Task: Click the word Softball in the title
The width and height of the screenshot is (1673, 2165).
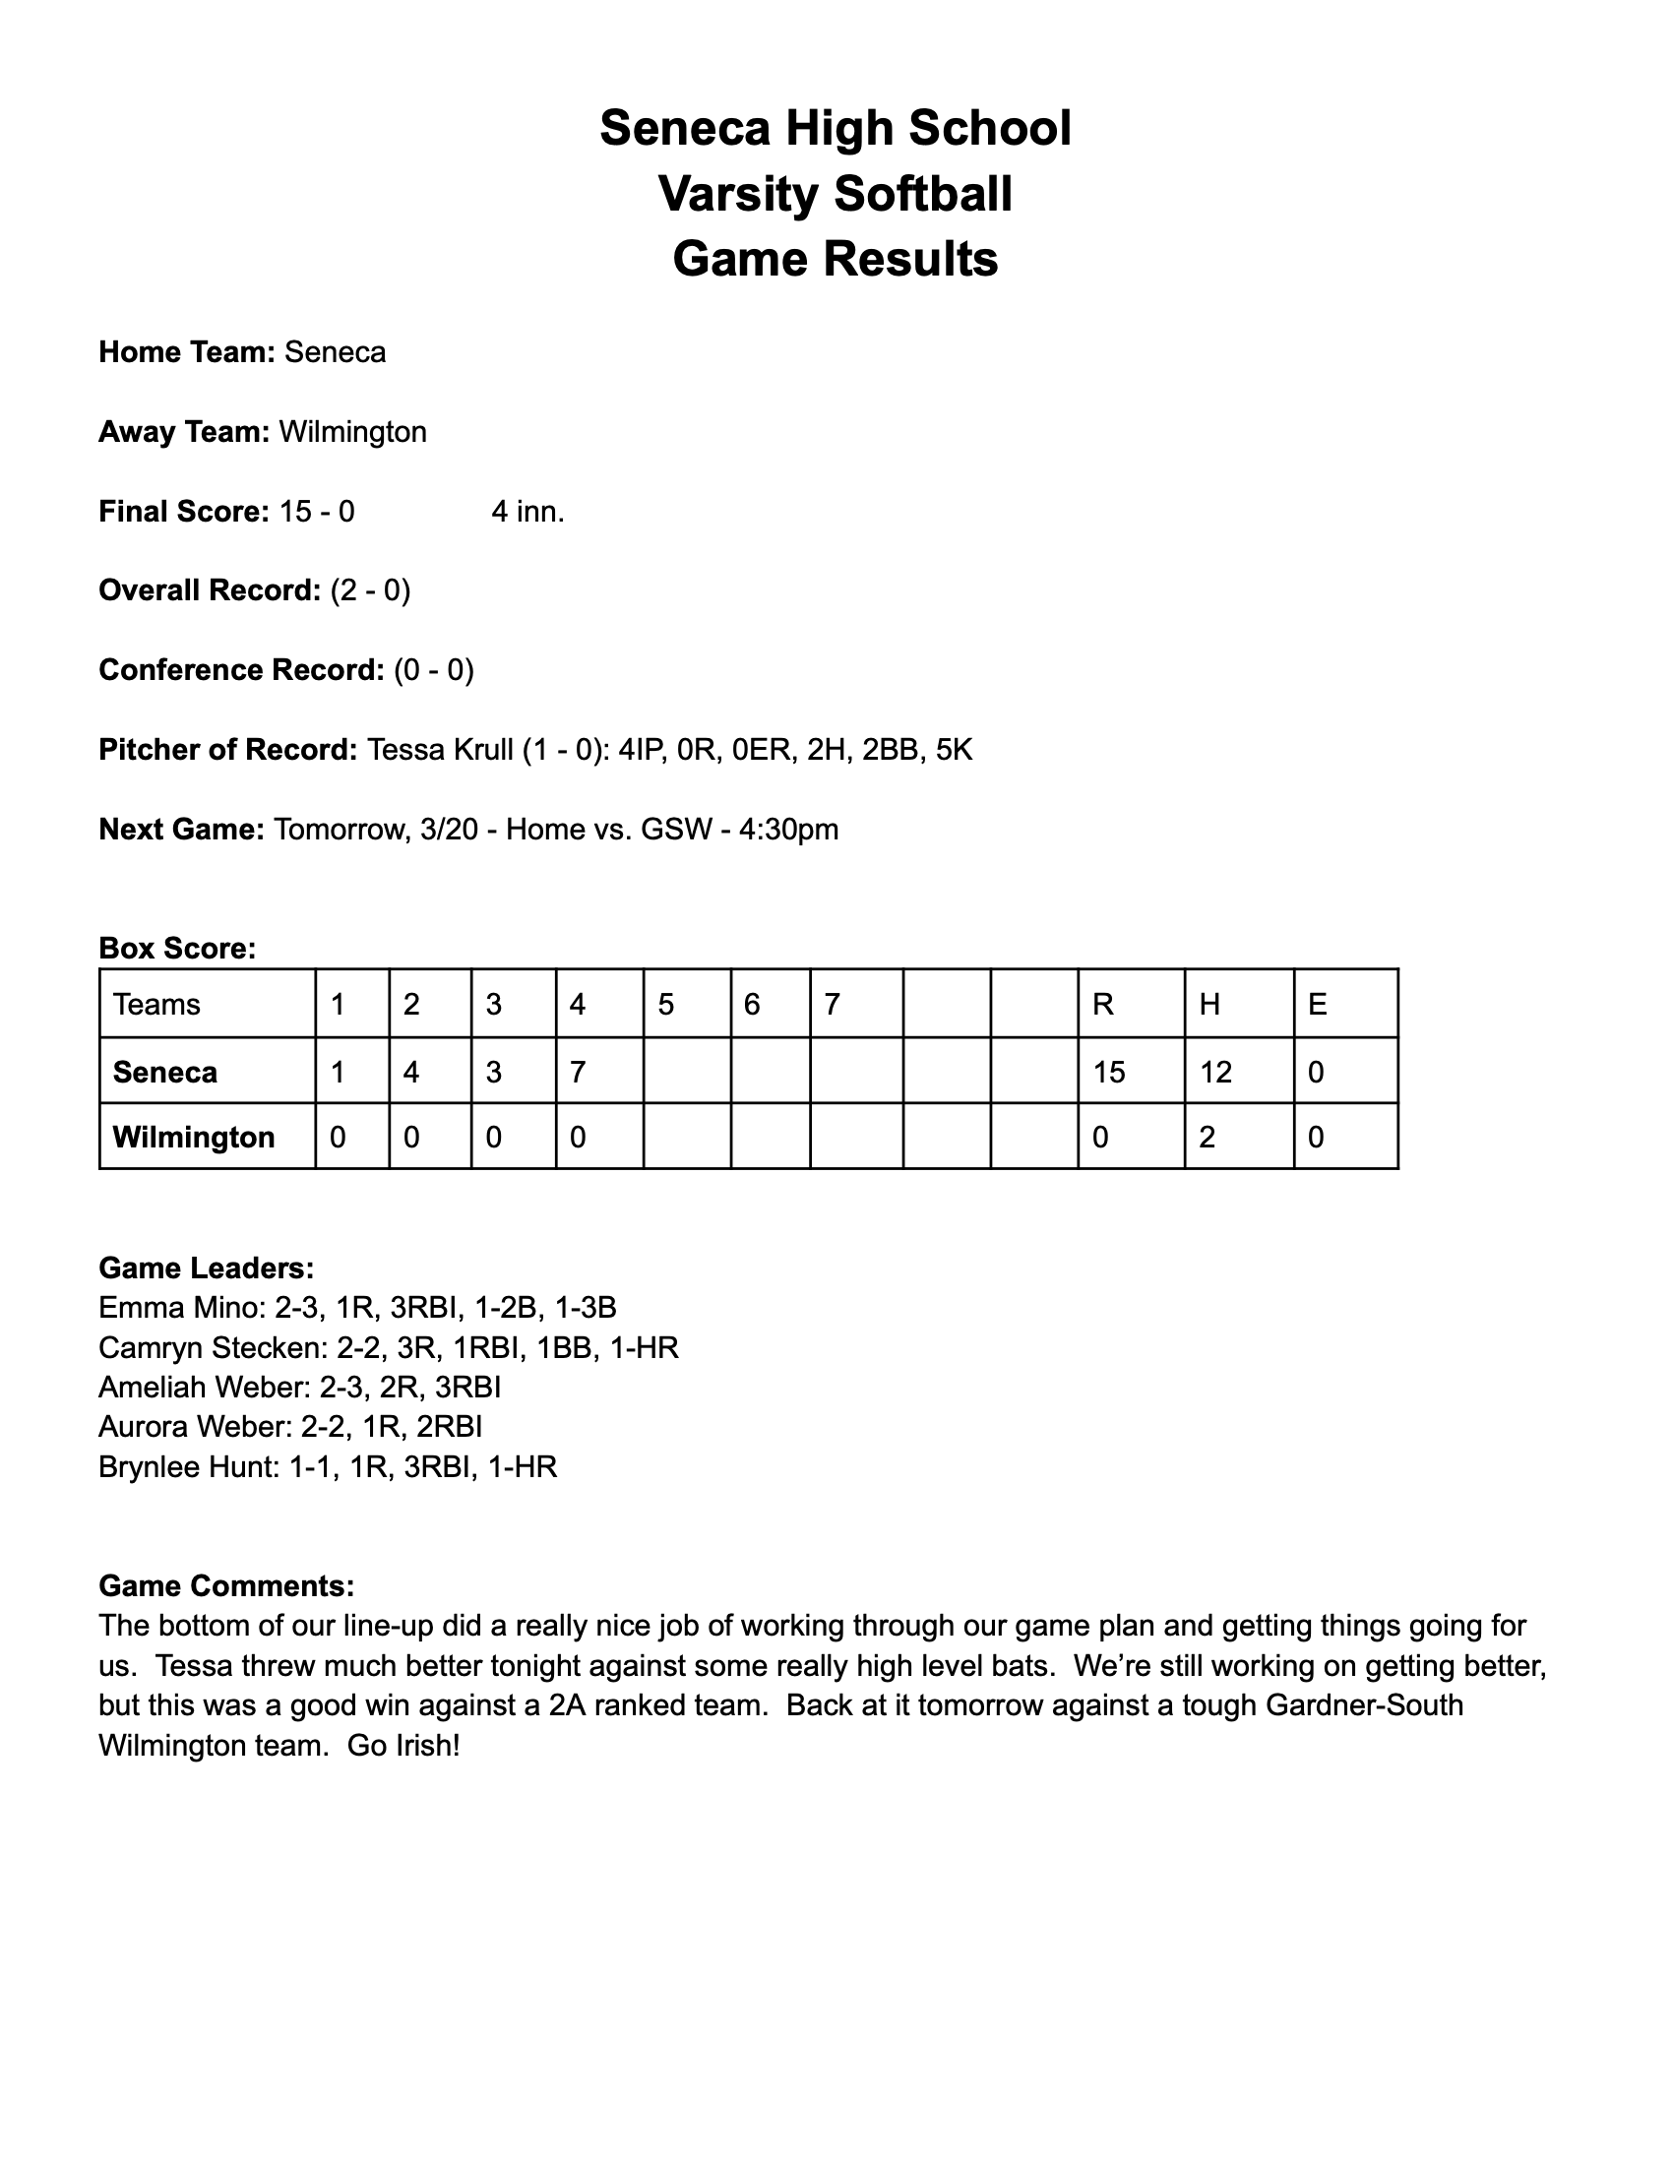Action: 923,193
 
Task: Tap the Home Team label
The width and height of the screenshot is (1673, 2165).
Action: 186,353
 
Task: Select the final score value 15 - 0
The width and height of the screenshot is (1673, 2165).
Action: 317,512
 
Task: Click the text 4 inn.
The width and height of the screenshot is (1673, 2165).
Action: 527,512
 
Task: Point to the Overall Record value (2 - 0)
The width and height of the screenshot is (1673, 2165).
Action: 370,590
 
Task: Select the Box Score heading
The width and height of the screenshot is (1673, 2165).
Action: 177,949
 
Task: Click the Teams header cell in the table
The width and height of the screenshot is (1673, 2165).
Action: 156,1005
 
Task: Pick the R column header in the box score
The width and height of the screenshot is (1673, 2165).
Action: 1102,1005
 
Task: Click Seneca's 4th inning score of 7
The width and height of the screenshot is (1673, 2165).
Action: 577,1073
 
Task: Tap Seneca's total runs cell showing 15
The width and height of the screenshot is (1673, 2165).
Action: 1109,1073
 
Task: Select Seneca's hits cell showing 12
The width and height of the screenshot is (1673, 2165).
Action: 1216,1073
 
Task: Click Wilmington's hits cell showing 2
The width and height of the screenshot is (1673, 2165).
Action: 1208,1137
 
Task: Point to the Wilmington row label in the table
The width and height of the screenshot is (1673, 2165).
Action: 194,1137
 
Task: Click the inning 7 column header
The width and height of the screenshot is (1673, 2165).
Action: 833,1005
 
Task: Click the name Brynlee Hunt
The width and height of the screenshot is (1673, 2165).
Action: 185,1467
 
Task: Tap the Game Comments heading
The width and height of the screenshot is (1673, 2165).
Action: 226,1586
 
